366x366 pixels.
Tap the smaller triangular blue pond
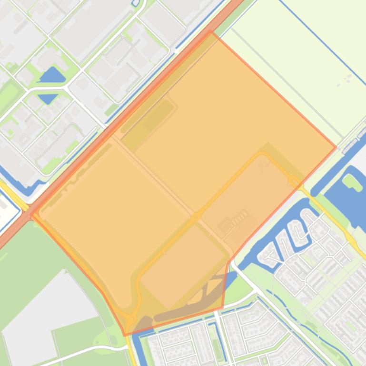click(x=48, y=98)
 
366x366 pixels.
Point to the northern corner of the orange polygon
click(x=211, y=31)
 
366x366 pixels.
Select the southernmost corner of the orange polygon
click(x=125, y=335)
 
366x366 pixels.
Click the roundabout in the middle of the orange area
click(x=195, y=217)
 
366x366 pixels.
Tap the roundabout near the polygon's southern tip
click(x=132, y=318)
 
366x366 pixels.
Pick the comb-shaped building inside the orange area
click(x=234, y=221)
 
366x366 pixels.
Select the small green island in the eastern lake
click(x=352, y=181)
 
